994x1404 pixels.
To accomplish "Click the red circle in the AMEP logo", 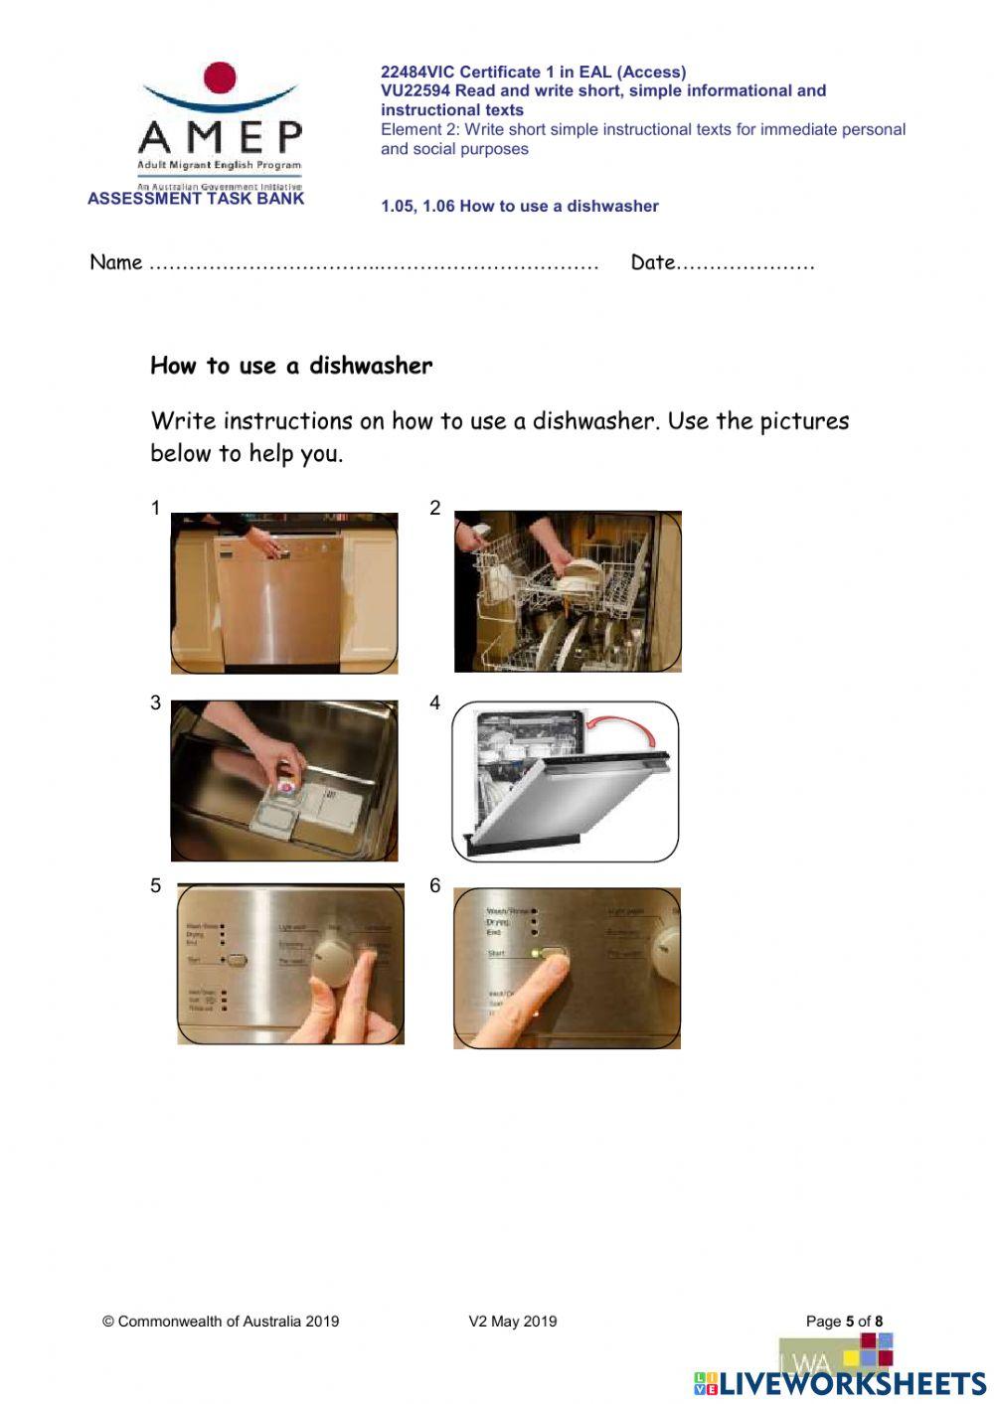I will pyautogui.click(x=219, y=78).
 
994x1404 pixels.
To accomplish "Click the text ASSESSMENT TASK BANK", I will pyautogui.click(x=196, y=199).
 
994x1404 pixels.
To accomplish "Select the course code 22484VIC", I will pyautogui.click(x=416, y=72).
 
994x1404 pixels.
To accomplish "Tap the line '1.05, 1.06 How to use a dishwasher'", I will pyautogui.click(x=519, y=207).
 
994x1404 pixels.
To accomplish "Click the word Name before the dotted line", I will pyautogui.click(x=115, y=262).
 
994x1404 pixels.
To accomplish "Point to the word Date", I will pyautogui.click(x=652, y=262).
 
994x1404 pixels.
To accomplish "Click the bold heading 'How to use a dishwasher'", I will pyautogui.click(x=291, y=366).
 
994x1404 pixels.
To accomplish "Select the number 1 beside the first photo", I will pyautogui.click(x=155, y=508).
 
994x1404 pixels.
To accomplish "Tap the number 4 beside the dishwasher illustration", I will pyautogui.click(x=434, y=702).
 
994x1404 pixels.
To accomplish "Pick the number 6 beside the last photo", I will pyautogui.click(x=434, y=885).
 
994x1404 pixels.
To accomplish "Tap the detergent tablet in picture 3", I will pyautogui.click(x=287, y=785).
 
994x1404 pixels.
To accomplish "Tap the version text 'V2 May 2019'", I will pyautogui.click(x=512, y=1322).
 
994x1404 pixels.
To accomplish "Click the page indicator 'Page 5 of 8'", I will pyautogui.click(x=844, y=1322).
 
